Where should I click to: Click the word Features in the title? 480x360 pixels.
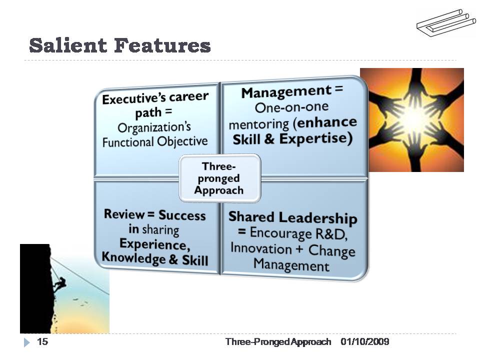click(x=162, y=45)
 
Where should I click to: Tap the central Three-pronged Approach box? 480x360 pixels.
click(x=219, y=178)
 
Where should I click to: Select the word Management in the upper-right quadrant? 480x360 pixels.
click(x=285, y=91)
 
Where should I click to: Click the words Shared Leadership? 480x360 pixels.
click(x=292, y=217)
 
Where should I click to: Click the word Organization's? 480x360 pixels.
click(x=154, y=127)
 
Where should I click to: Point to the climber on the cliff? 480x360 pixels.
click(x=59, y=285)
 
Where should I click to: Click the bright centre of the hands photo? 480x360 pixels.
click(x=413, y=119)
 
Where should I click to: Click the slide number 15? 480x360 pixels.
click(x=42, y=342)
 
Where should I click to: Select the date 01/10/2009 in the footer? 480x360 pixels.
click(x=365, y=342)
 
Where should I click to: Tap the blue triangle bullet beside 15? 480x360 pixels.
click(x=27, y=342)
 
